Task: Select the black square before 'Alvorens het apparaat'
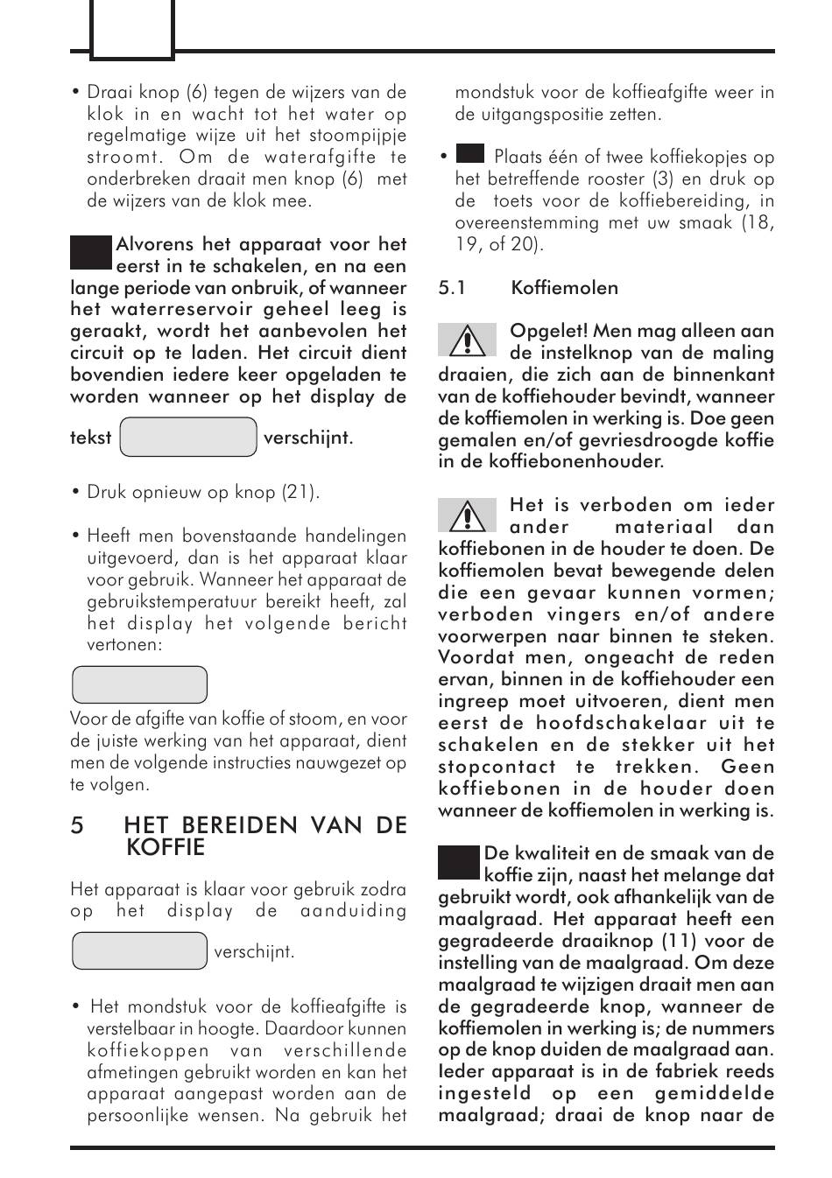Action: coord(91,253)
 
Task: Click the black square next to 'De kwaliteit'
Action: coord(459,862)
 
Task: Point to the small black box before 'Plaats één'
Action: coord(470,154)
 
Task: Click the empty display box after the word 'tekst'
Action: coord(187,438)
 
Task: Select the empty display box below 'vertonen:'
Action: coord(139,684)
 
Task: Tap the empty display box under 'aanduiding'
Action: coord(139,950)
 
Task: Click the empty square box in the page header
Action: coord(132,29)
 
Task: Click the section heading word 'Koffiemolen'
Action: coord(564,288)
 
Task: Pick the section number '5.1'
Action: coord(452,288)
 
